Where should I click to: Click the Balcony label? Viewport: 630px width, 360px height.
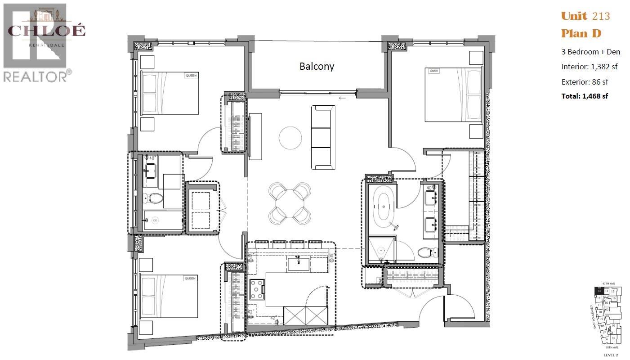(317, 66)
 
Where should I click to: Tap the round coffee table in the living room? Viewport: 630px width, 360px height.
(290, 138)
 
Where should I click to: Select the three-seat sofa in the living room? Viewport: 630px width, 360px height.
(324, 137)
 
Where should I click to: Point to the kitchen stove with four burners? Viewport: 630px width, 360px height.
(257, 289)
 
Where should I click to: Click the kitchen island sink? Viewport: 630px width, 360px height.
(298, 263)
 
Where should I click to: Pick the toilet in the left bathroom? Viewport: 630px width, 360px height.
(154, 198)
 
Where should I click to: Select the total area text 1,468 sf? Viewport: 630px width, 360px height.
(585, 96)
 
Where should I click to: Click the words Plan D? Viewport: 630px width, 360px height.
(581, 34)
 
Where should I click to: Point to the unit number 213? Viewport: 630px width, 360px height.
(601, 16)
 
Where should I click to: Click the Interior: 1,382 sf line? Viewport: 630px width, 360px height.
(589, 67)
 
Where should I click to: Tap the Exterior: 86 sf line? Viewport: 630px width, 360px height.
(585, 82)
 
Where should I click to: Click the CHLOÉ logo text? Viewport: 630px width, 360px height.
(46, 31)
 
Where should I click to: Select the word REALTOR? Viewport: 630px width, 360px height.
(35, 76)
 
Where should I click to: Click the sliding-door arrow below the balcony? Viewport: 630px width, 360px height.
(343, 98)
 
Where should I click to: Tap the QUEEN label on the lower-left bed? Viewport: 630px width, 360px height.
(190, 279)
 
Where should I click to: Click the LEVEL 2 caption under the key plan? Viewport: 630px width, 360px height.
(609, 355)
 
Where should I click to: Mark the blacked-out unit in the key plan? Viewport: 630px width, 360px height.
(599, 291)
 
